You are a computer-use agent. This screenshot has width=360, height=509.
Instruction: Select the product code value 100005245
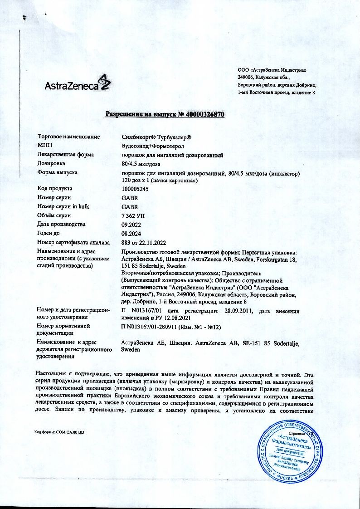click(135, 189)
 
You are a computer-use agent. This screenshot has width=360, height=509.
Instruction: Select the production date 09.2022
click(131, 224)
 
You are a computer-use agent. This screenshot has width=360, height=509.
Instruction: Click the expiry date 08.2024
click(131, 233)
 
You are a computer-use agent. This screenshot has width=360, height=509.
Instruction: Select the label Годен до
click(51, 233)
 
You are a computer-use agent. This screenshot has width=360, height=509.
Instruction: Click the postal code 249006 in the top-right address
click(247, 78)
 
